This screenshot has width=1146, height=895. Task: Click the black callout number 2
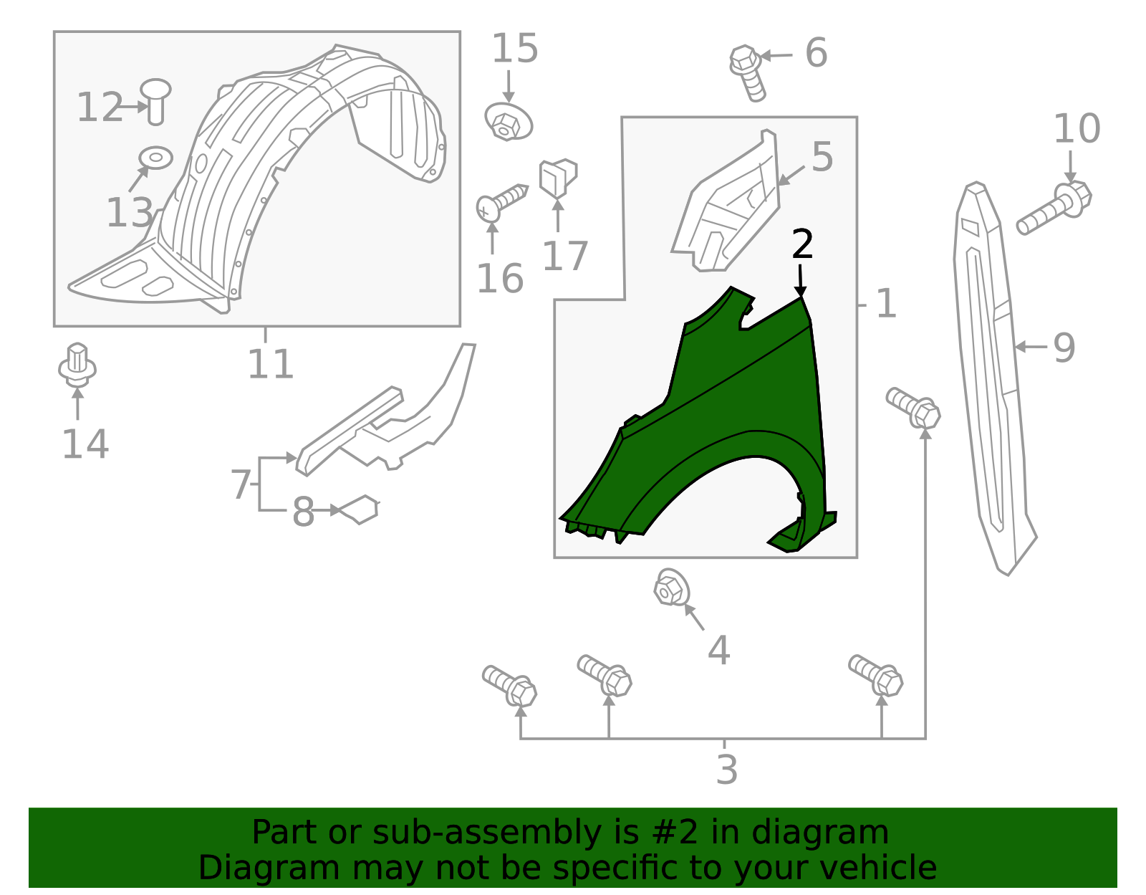click(802, 245)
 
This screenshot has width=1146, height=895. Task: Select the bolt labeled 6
click(747, 72)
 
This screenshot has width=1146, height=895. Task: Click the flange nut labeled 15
click(508, 122)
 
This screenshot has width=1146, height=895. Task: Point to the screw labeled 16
click(501, 201)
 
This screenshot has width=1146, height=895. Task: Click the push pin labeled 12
click(155, 100)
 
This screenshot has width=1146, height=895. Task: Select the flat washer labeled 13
click(155, 157)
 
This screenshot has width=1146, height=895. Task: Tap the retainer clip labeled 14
click(77, 365)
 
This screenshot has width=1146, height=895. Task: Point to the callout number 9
click(1064, 348)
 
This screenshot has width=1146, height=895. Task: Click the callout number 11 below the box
click(270, 364)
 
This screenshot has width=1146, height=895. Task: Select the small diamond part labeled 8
click(360, 509)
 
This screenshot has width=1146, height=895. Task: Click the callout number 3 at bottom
click(726, 770)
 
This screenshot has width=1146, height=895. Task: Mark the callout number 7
click(241, 485)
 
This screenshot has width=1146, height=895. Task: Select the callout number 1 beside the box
click(886, 304)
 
